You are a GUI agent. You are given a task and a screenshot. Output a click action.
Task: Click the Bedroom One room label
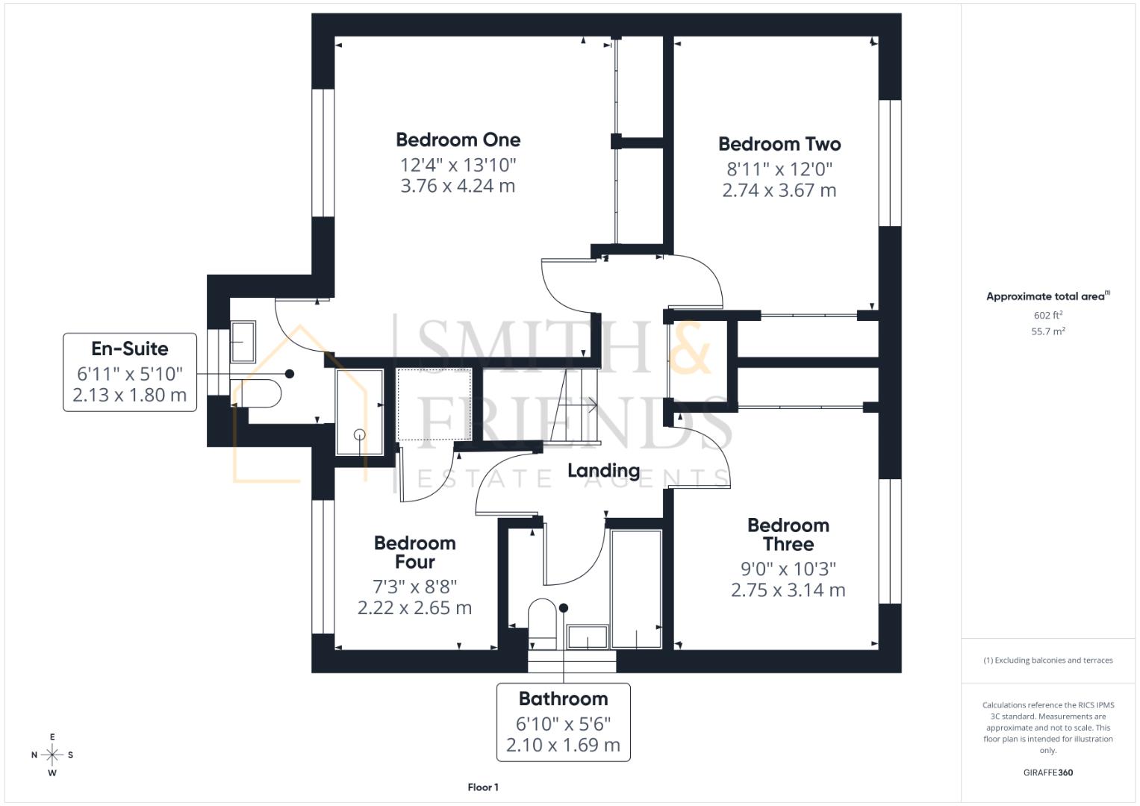tap(458, 140)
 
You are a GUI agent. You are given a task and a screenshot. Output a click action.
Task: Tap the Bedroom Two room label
tap(779, 144)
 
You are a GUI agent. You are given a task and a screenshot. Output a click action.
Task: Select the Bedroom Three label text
tap(788, 534)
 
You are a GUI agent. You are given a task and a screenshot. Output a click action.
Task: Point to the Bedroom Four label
tap(414, 552)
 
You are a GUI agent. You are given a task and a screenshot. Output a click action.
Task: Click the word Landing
tap(603, 470)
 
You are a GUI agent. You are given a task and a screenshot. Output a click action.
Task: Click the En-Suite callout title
tap(130, 349)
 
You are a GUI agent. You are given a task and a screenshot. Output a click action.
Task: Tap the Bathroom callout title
tap(563, 699)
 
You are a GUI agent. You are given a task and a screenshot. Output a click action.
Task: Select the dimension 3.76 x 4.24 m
tap(458, 186)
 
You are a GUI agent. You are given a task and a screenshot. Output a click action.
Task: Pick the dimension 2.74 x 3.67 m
tap(779, 190)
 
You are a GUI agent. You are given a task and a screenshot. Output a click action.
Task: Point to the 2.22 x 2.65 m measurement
tap(414, 608)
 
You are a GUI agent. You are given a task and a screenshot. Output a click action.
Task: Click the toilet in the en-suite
tap(256, 393)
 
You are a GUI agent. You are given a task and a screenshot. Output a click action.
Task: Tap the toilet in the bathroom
tap(543, 622)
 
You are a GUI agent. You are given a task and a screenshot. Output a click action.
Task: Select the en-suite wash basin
tap(243, 341)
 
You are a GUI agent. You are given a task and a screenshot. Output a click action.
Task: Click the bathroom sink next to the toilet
tap(588, 637)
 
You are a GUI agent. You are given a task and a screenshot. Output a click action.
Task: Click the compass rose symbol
tap(52, 755)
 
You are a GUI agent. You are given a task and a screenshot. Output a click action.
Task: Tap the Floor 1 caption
tap(483, 787)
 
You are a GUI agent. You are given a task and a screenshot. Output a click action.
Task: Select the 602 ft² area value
tap(1047, 316)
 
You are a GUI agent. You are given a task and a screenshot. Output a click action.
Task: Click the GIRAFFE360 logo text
tap(1047, 772)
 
